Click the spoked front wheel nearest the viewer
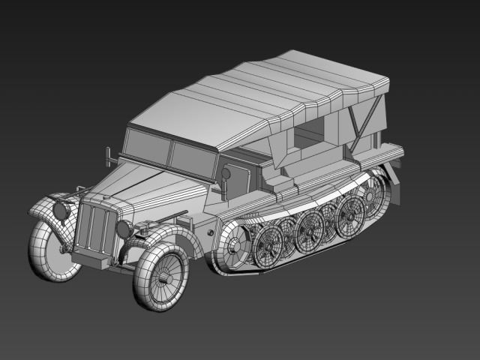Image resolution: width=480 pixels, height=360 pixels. coord(160,276)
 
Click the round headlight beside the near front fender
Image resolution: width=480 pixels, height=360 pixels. coord(124,229)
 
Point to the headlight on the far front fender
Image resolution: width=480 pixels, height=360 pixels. coord(61,211)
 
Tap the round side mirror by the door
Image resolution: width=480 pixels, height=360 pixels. coord(225,175)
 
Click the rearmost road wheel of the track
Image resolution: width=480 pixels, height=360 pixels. coord(370,196)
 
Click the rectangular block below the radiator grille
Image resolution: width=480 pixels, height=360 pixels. coord(91,259)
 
